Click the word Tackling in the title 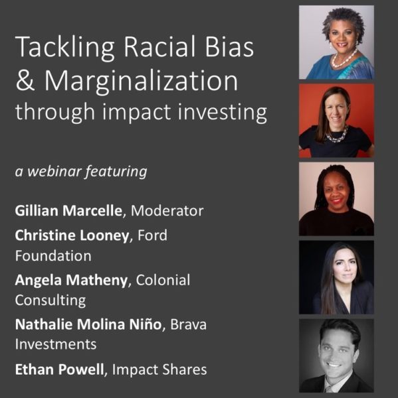click(x=60, y=50)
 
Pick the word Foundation click(x=52, y=255)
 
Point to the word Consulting click(x=50, y=300)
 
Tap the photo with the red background click(x=336, y=120)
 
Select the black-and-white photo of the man click(x=336, y=356)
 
